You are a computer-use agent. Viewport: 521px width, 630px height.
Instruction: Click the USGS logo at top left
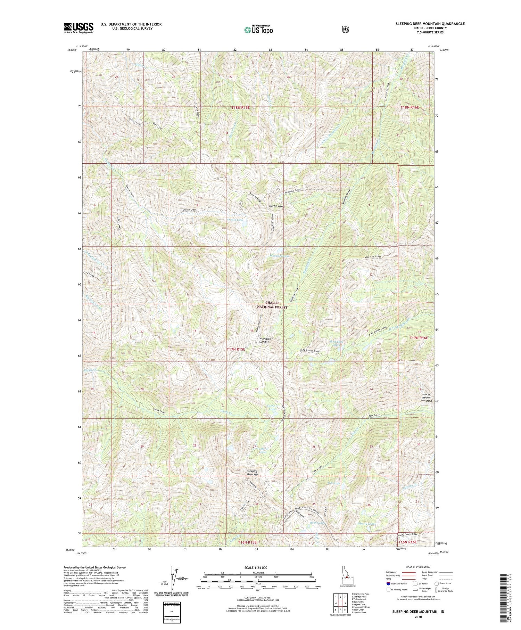78,28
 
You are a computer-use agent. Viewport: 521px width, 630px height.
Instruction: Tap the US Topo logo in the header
258,30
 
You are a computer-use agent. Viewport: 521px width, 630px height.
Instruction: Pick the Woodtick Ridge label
373,256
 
